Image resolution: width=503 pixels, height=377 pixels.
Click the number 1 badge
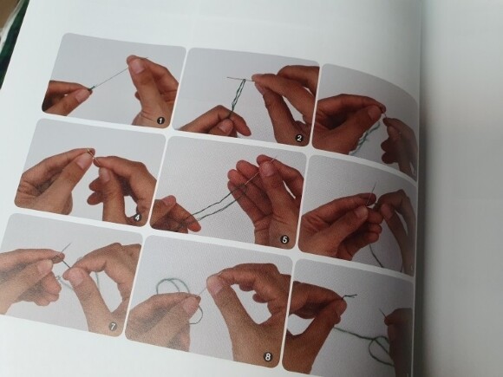160,120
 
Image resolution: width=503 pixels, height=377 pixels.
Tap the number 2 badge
299,138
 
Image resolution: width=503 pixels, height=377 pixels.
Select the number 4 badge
137,218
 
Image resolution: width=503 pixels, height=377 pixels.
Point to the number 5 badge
284,239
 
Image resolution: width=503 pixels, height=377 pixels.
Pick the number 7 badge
113,327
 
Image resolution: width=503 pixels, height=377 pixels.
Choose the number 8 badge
267,356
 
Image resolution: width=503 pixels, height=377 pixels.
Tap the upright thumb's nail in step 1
137,67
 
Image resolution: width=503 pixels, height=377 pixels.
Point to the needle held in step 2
240,78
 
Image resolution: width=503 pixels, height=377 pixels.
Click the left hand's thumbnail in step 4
84,160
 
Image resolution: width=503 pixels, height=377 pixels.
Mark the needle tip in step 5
276,157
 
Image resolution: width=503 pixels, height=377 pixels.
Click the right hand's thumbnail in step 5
267,169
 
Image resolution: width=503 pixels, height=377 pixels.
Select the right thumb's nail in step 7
73,276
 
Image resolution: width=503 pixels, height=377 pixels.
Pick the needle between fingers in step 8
202,291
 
